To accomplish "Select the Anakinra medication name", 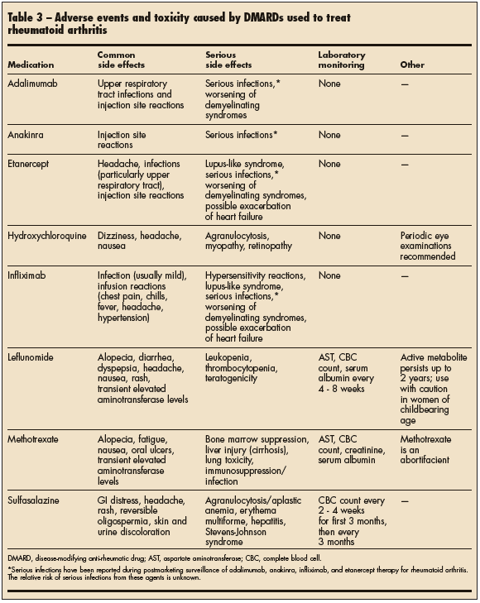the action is point(28,135).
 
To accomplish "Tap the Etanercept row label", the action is point(31,165).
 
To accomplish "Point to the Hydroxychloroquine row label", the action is point(46,236).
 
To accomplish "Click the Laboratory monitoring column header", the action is point(342,60).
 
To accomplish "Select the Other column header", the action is point(412,65).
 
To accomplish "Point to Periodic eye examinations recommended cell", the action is point(427,246).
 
